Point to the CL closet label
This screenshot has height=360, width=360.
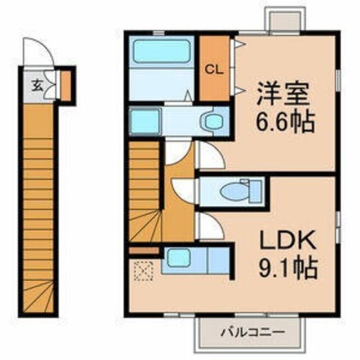point(214,70)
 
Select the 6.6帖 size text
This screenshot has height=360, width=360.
point(285,121)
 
